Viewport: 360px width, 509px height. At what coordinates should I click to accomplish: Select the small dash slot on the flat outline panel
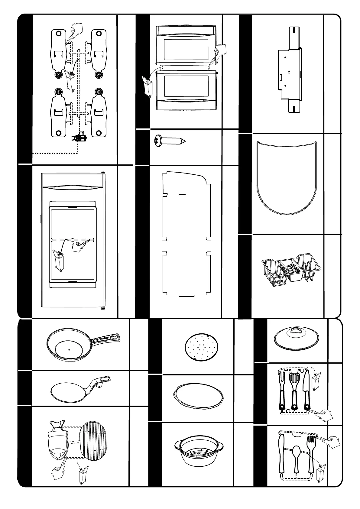click(x=182, y=195)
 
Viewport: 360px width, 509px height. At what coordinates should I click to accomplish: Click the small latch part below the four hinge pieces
click(x=79, y=138)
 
